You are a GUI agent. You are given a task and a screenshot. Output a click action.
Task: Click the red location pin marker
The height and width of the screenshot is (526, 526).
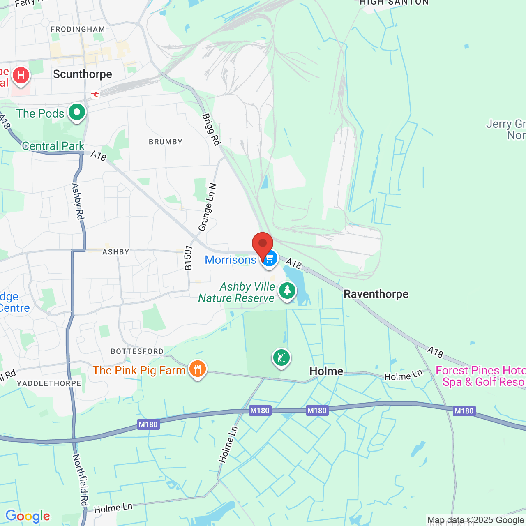pyautogui.click(x=262, y=244)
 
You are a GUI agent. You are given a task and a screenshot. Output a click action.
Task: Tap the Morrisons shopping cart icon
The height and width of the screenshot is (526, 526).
pyautogui.click(x=269, y=259)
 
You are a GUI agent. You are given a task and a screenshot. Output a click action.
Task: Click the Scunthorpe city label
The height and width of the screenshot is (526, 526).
pyautogui.click(x=83, y=74)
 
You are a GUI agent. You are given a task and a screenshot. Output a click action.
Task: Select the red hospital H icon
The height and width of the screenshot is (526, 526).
pyautogui.click(x=21, y=76)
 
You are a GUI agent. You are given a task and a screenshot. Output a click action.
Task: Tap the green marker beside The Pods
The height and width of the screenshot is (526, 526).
pyautogui.click(x=76, y=112)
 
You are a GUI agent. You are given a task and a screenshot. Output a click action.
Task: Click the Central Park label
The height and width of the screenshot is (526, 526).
pyautogui.click(x=53, y=146)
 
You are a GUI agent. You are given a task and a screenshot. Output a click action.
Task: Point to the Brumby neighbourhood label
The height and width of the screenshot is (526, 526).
pyautogui.click(x=166, y=142)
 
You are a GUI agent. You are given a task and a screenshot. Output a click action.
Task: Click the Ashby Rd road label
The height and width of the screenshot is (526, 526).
pyautogui.click(x=78, y=201)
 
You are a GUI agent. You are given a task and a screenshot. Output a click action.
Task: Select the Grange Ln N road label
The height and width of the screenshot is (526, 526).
pyautogui.click(x=207, y=208)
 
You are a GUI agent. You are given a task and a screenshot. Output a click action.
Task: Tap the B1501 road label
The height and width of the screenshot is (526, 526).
pyautogui.click(x=188, y=258)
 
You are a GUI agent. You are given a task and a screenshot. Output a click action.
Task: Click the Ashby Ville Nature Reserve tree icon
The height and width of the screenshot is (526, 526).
pyautogui.click(x=287, y=291)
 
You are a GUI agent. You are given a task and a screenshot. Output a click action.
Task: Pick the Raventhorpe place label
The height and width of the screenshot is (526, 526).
pyautogui.click(x=376, y=294)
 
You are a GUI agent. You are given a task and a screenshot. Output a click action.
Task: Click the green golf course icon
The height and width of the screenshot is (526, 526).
pyautogui.click(x=281, y=358)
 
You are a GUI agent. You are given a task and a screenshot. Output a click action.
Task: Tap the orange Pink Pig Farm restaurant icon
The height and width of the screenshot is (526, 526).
pyautogui.click(x=198, y=369)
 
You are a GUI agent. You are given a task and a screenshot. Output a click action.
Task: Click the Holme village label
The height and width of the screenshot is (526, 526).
pyautogui.click(x=326, y=371)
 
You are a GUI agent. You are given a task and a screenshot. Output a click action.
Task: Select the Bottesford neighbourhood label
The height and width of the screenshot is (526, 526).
pyautogui.click(x=137, y=351)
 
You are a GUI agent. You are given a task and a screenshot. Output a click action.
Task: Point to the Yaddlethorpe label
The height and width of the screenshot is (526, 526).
pyautogui.click(x=49, y=383)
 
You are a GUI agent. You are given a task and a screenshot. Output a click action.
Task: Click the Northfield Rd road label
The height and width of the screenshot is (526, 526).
pyautogui.click(x=81, y=480)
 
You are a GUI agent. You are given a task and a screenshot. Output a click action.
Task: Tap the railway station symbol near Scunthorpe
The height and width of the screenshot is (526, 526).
pyautogui.click(x=95, y=94)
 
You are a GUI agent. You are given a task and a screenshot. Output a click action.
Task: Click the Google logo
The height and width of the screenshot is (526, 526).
pyautogui.click(x=28, y=516)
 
